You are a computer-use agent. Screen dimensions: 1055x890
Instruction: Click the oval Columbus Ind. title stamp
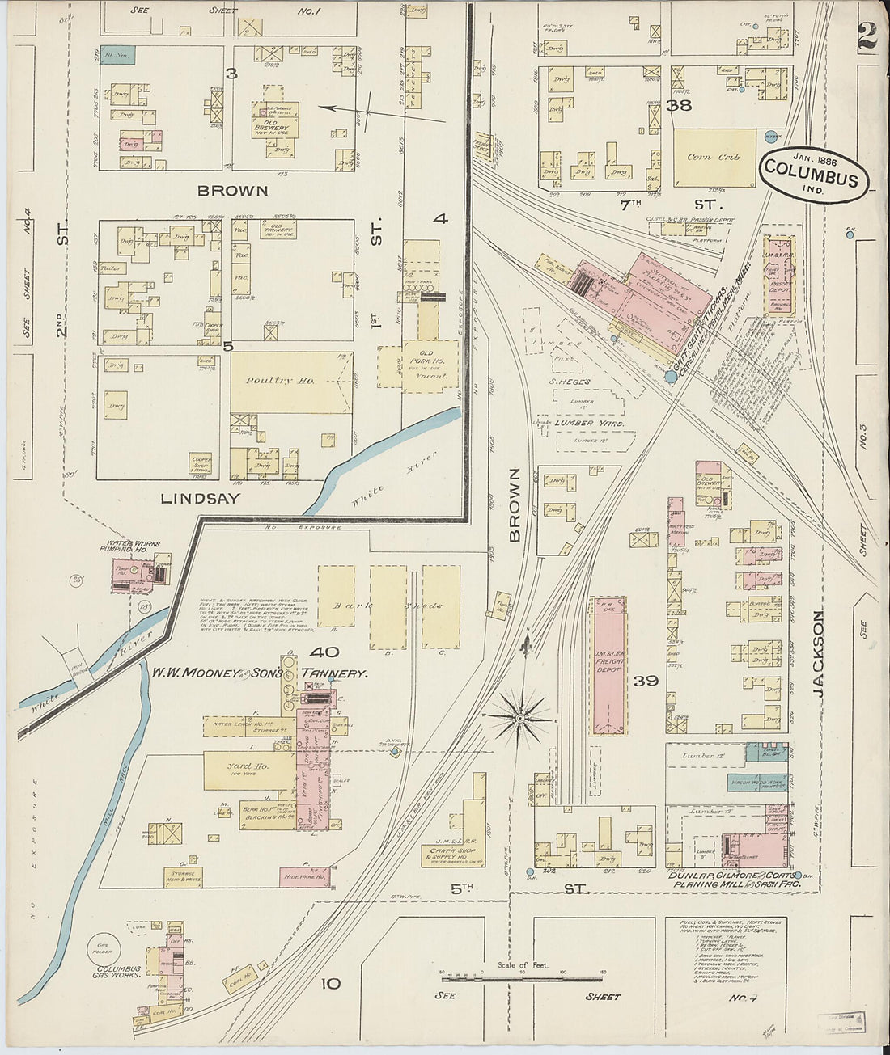(x=812, y=169)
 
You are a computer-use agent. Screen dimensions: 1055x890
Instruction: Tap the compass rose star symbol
(x=520, y=717)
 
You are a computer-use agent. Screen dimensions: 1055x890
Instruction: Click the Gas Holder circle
(x=103, y=946)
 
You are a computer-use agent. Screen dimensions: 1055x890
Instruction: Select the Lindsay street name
(x=200, y=499)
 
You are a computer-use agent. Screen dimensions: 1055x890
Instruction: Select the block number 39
(x=646, y=681)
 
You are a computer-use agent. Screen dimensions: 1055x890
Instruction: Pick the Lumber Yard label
(x=587, y=423)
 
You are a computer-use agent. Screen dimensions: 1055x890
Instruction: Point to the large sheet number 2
(x=866, y=36)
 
